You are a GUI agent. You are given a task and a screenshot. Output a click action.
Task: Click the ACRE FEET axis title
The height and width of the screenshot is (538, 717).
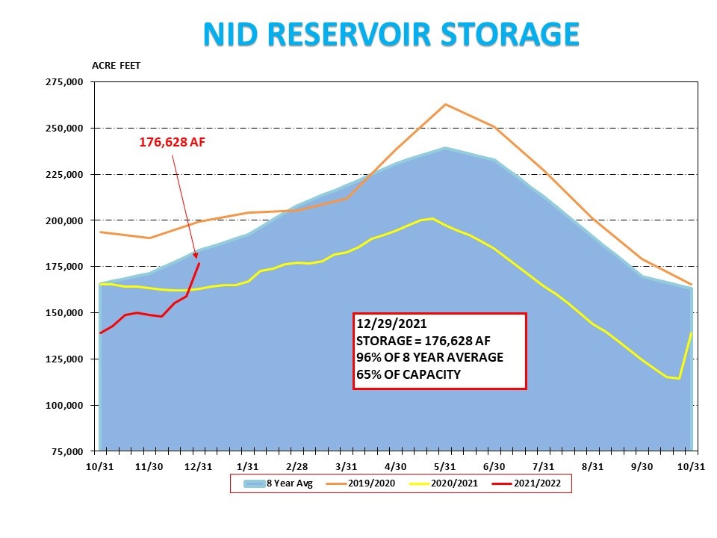tap(116, 66)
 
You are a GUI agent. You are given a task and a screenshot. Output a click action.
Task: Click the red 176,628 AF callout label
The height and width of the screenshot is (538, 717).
tap(172, 142)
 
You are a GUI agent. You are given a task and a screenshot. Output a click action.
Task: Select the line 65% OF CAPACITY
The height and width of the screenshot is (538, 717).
tap(408, 374)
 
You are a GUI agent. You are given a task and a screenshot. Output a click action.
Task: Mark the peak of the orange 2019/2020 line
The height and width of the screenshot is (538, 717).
tap(446, 105)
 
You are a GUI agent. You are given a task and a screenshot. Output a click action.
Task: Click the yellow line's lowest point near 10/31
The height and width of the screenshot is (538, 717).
tap(679, 378)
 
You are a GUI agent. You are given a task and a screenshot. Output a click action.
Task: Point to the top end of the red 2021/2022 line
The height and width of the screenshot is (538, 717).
tap(199, 263)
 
